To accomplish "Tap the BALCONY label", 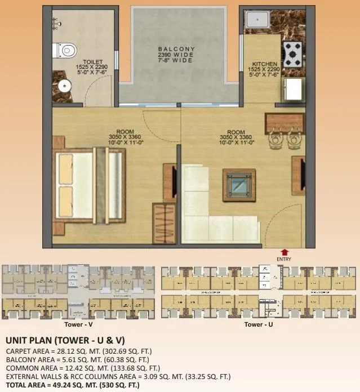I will point(176,50).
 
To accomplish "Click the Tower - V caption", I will point(79,325).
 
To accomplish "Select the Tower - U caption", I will point(259,325).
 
